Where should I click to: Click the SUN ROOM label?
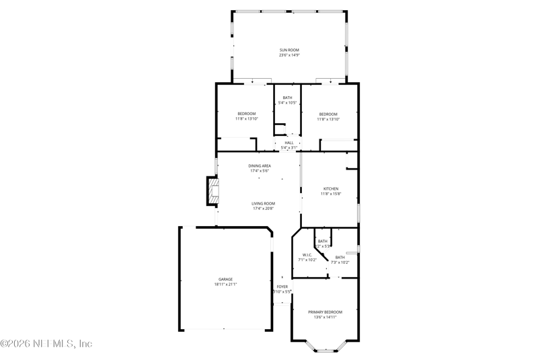(289, 50)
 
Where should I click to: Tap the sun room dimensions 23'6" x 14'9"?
(289, 55)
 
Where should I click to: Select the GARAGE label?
(225, 279)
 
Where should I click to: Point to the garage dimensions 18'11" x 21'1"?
(225, 284)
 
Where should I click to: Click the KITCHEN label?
(330, 188)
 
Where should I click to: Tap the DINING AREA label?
(260, 166)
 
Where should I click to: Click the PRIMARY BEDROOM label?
(325, 312)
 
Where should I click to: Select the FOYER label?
(282, 287)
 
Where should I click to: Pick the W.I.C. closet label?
(307, 255)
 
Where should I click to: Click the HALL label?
(289, 143)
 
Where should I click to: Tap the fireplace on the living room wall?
(213, 190)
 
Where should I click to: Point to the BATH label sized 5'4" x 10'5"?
(287, 98)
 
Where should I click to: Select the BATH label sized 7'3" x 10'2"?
(340, 257)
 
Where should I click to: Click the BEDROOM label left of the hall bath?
(246, 114)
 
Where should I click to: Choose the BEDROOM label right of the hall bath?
(328, 114)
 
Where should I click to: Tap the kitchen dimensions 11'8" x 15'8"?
(330, 194)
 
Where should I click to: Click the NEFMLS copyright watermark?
(46, 344)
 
